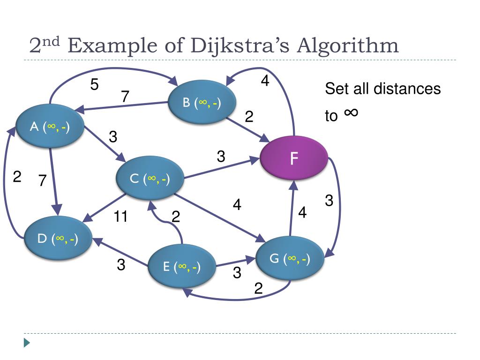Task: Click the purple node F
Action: tap(294, 158)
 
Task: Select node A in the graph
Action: tap(50, 127)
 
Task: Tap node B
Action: tap(202, 103)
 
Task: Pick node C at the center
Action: tap(150, 178)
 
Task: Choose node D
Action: tap(58, 239)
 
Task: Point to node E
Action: tap(182, 267)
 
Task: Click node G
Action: tap(290, 259)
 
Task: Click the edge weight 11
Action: tap(120, 217)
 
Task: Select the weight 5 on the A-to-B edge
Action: tap(95, 85)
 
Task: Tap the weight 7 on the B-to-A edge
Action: tap(125, 97)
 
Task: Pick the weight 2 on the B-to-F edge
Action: tap(249, 117)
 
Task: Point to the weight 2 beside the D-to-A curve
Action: tap(17, 177)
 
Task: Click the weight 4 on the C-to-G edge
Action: tap(237, 205)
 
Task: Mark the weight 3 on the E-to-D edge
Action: tap(121, 265)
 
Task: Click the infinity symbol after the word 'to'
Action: tap(351, 112)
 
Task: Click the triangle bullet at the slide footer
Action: tap(27, 343)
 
